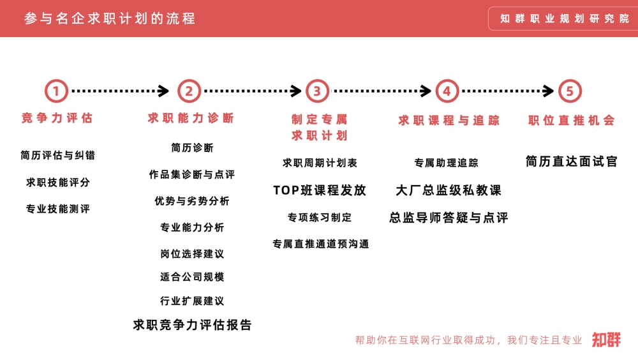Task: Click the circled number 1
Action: pyautogui.click(x=56, y=91)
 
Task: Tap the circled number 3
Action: pyautogui.click(x=317, y=91)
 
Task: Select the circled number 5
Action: pyautogui.click(x=570, y=91)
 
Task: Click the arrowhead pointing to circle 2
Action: pyautogui.click(x=163, y=91)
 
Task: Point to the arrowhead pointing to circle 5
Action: pyautogui.click(x=549, y=91)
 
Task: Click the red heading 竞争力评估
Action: pyautogui.click(x=57, y=118)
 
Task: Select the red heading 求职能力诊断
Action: pyautogui.click(x=191, y=118)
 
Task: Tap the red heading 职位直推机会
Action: pyautogui.click(x=572, y=121)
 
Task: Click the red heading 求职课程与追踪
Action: pyautogui.click(x=449, y=121)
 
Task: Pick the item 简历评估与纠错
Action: pyautogui.click(x=58, y=155)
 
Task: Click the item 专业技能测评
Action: pyautogui.click(x=58, y=209)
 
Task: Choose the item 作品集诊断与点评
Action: pyautogui.click(x=192, y=174)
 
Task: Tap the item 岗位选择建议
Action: pyautogui.click(x=192, y=253)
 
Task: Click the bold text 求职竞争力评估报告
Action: pyautogui.click(x=193, y=325)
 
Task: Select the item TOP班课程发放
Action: pyautogui.click(x=320, y=190)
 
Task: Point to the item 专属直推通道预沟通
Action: pyautogui.click(x=321, y=244)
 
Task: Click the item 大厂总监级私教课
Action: pyautogui.click(x=449, y=190)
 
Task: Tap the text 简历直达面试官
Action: pyautogui.click(x=571, y=161)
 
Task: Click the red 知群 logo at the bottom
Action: pyautogui.click(x=606, y=340)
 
